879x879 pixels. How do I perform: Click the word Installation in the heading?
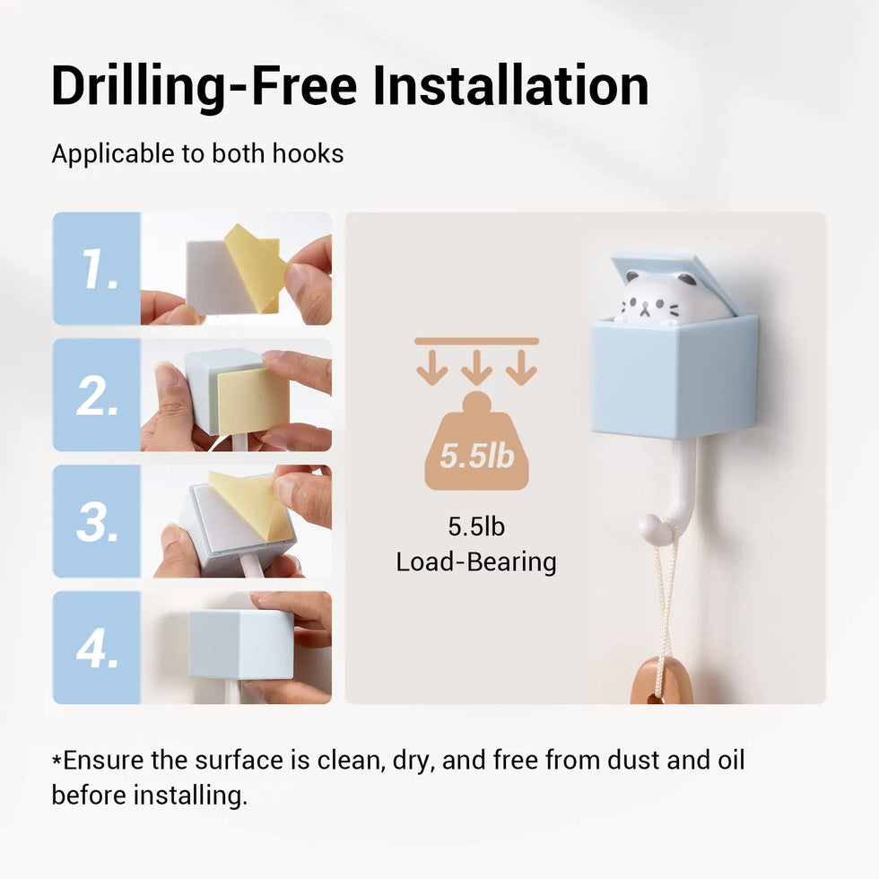510,85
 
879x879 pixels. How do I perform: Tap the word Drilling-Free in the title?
205,87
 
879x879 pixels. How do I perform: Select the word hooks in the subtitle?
308,153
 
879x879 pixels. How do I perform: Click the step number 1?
100,268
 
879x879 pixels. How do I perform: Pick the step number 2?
98,396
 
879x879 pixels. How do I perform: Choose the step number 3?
98,522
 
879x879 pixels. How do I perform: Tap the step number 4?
98,648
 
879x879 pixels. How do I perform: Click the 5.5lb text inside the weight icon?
477,456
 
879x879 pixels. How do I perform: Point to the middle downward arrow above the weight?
476,368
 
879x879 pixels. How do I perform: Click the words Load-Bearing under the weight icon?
476,562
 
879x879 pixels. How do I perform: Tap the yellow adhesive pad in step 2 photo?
253,400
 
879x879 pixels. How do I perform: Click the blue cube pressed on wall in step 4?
241,645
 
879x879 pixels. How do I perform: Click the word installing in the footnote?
190,796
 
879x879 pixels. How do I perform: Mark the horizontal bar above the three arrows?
476,341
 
